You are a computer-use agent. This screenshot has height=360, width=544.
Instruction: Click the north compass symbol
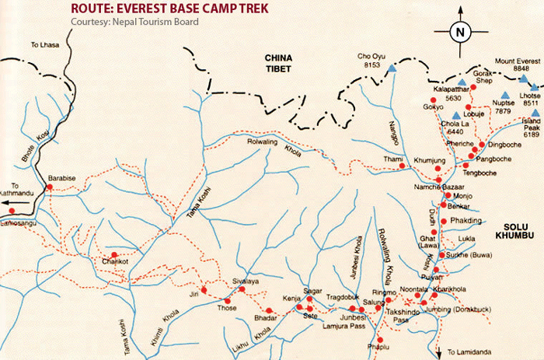point(460,32)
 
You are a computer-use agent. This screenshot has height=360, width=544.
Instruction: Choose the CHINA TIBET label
point(277,64)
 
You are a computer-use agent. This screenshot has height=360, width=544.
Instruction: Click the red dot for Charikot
point(114,255)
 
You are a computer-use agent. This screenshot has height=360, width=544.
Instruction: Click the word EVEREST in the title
point(148,8)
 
